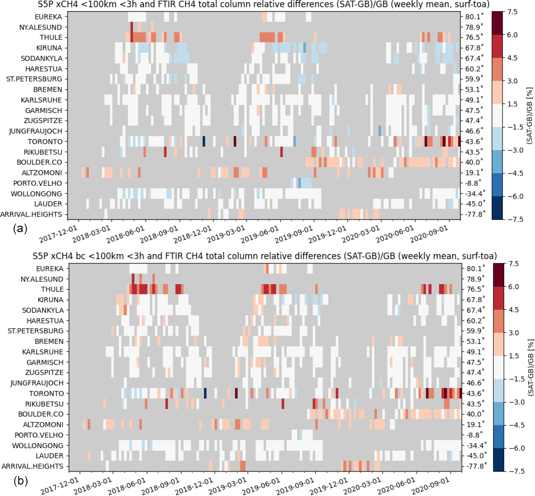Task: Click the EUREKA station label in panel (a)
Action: click(48, 17)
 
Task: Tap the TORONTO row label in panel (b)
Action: click(46, 394)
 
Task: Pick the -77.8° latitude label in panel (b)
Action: click(476, 466)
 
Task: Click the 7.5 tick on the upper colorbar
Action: click(512, 12)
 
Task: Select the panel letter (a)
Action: click(20, 229)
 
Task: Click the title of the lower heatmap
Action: click(265, 256)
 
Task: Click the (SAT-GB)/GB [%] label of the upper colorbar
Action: click(529, 116)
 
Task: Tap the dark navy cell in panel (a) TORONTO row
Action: click(204, 141)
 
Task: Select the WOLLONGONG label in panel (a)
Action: click(37, 194)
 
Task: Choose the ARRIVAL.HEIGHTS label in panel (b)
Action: click(33, 466)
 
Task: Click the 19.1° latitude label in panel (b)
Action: click(476, 424)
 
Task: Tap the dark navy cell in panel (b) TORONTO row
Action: click(205, 393)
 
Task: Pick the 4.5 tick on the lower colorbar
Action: click(514, 310)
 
